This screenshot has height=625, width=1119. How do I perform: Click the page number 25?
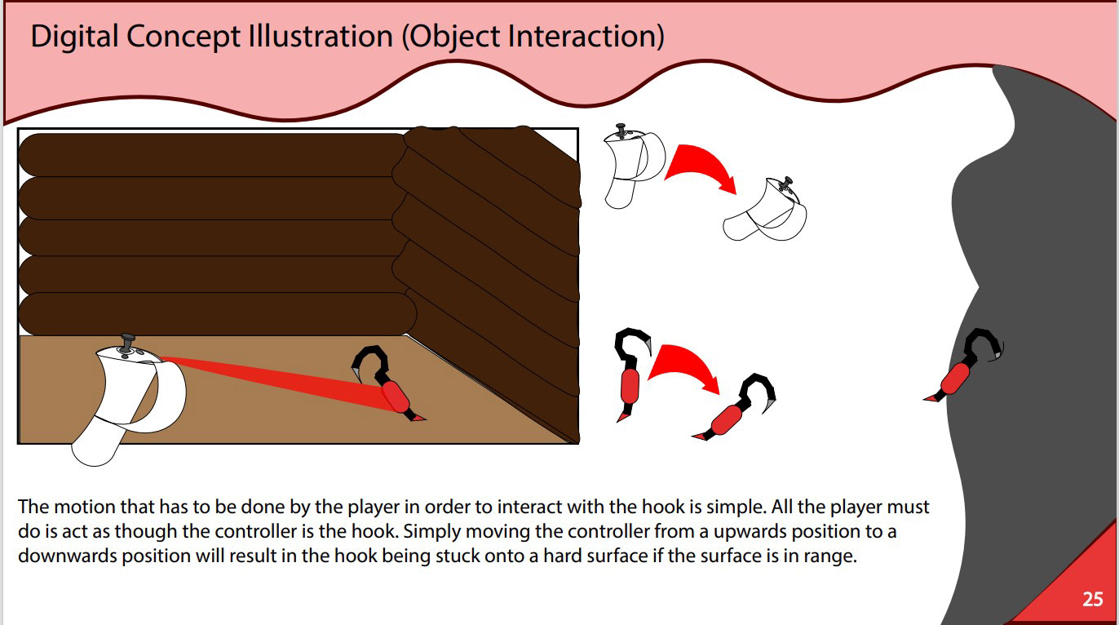1092,599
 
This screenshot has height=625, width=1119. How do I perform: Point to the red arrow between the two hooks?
683,366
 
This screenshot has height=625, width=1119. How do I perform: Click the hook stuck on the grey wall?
961,368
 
